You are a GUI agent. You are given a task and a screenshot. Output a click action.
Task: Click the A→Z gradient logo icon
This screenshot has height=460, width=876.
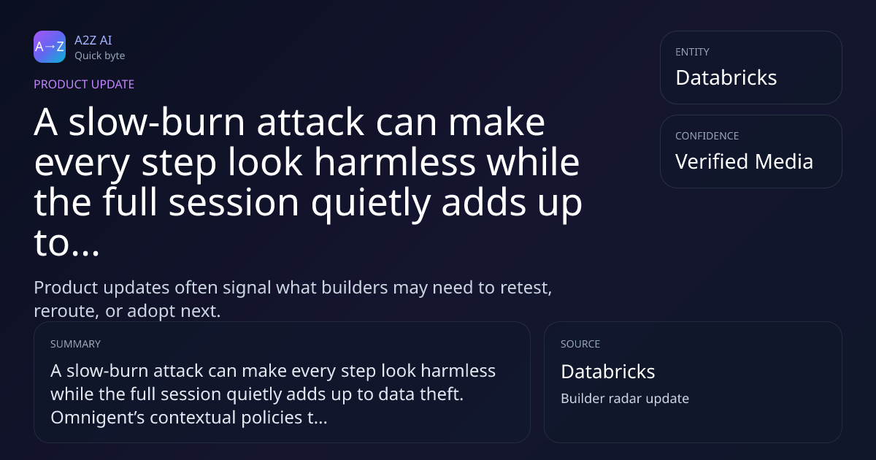tap(50, 47)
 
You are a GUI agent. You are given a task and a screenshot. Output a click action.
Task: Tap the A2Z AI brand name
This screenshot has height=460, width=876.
tap(93, 40)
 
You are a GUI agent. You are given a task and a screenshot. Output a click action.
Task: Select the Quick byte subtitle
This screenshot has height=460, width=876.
tap(100, 56)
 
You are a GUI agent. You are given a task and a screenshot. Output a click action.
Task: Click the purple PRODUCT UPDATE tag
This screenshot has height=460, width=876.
tap(84, 84)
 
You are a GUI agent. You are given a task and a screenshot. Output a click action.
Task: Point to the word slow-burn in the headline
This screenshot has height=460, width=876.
tap(157, 122)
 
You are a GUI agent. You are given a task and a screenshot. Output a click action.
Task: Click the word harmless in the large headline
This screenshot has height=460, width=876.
tap(395, 162)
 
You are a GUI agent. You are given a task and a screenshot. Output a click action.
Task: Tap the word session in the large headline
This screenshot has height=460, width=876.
tap(234, 202)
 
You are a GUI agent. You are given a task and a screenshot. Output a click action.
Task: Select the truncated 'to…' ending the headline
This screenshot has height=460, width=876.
tap(66, 243)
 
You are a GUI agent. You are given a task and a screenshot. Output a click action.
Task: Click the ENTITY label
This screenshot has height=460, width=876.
tap(692, 52)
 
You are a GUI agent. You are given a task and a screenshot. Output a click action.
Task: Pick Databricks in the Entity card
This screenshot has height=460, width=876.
tap(726, 77)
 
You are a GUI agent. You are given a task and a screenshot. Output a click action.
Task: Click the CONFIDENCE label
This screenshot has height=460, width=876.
tap(707, 136)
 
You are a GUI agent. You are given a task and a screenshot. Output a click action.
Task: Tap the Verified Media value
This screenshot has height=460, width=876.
tap(744, 161)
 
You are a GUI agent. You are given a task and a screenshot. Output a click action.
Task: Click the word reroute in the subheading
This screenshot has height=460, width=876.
tap(64, 311)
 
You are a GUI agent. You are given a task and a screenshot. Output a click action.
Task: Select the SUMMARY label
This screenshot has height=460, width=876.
tap(75, 344)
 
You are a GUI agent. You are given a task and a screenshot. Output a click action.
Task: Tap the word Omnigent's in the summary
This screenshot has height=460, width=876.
tap(97, 418)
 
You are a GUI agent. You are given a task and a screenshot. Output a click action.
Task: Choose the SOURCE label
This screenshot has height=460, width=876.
tap(580, 344)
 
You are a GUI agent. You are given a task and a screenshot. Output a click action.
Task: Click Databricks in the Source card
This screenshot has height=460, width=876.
tap(607, 372)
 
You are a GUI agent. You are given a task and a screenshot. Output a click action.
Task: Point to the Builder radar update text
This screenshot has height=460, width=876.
tap(625, 399)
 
